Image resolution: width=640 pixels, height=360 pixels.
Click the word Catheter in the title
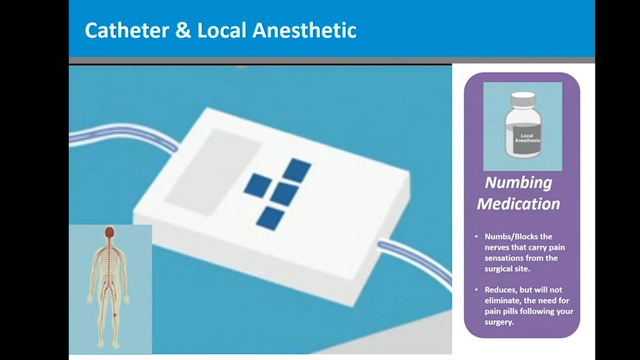[x=127, y=30]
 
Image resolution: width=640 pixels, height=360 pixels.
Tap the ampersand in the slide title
[x=183, y=30]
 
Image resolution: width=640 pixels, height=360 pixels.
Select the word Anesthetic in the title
[x=304, y=30]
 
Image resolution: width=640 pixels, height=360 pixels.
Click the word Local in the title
[x=222, y=30]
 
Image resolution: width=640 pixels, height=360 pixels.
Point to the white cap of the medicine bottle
[x=523, y=99]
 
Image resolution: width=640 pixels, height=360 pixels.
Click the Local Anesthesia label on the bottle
[x=527, y=138]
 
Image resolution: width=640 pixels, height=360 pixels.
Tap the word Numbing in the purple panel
[x=518, y=183]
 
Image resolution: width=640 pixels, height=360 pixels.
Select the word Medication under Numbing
[x=518, y=204]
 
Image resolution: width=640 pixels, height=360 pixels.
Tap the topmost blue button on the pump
[x=297, y=170]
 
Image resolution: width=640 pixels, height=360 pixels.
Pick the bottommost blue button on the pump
[x=270, y=218]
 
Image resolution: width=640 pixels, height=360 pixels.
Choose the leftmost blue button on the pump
[x=258, y=184]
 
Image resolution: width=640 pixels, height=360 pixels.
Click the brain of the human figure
[x=110, y=232]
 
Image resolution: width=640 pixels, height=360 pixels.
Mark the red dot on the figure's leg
[x=115, y=315]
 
